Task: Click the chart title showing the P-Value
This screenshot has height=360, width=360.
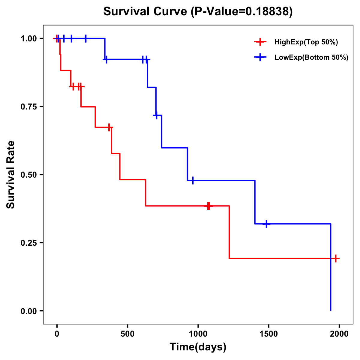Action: coord(198,11)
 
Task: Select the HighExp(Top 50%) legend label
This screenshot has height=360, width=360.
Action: coord(306,42)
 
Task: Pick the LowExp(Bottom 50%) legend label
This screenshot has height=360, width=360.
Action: coord(311,58)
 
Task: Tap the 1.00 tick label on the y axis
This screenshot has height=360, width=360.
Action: coord(28,39)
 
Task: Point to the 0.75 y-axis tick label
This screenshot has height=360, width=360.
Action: coord(28,107)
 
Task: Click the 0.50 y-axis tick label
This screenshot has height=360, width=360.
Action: coord(28,175)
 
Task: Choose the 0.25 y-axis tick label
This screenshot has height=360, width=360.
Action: coord(28,243)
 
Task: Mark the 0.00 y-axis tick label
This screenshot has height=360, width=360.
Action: coord(28,311)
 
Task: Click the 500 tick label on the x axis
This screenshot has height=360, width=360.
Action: coord(127,334)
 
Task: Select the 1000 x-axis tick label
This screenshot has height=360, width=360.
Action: coord(198,334)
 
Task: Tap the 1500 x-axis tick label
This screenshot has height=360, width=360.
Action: coord(268,334)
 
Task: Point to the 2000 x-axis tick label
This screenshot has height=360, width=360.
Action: coord(339,334)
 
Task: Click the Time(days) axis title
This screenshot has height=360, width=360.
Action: coord(198,347)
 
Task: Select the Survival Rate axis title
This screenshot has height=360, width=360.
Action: coord(11,175)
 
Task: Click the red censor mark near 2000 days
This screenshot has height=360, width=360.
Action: coord(336,258)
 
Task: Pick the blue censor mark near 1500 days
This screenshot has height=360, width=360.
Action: coord(266,224)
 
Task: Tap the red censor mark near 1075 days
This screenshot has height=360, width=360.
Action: coord(208,206)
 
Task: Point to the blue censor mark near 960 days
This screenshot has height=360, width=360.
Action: coord(193,180)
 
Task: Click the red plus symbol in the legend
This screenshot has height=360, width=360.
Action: coord(260,42)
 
